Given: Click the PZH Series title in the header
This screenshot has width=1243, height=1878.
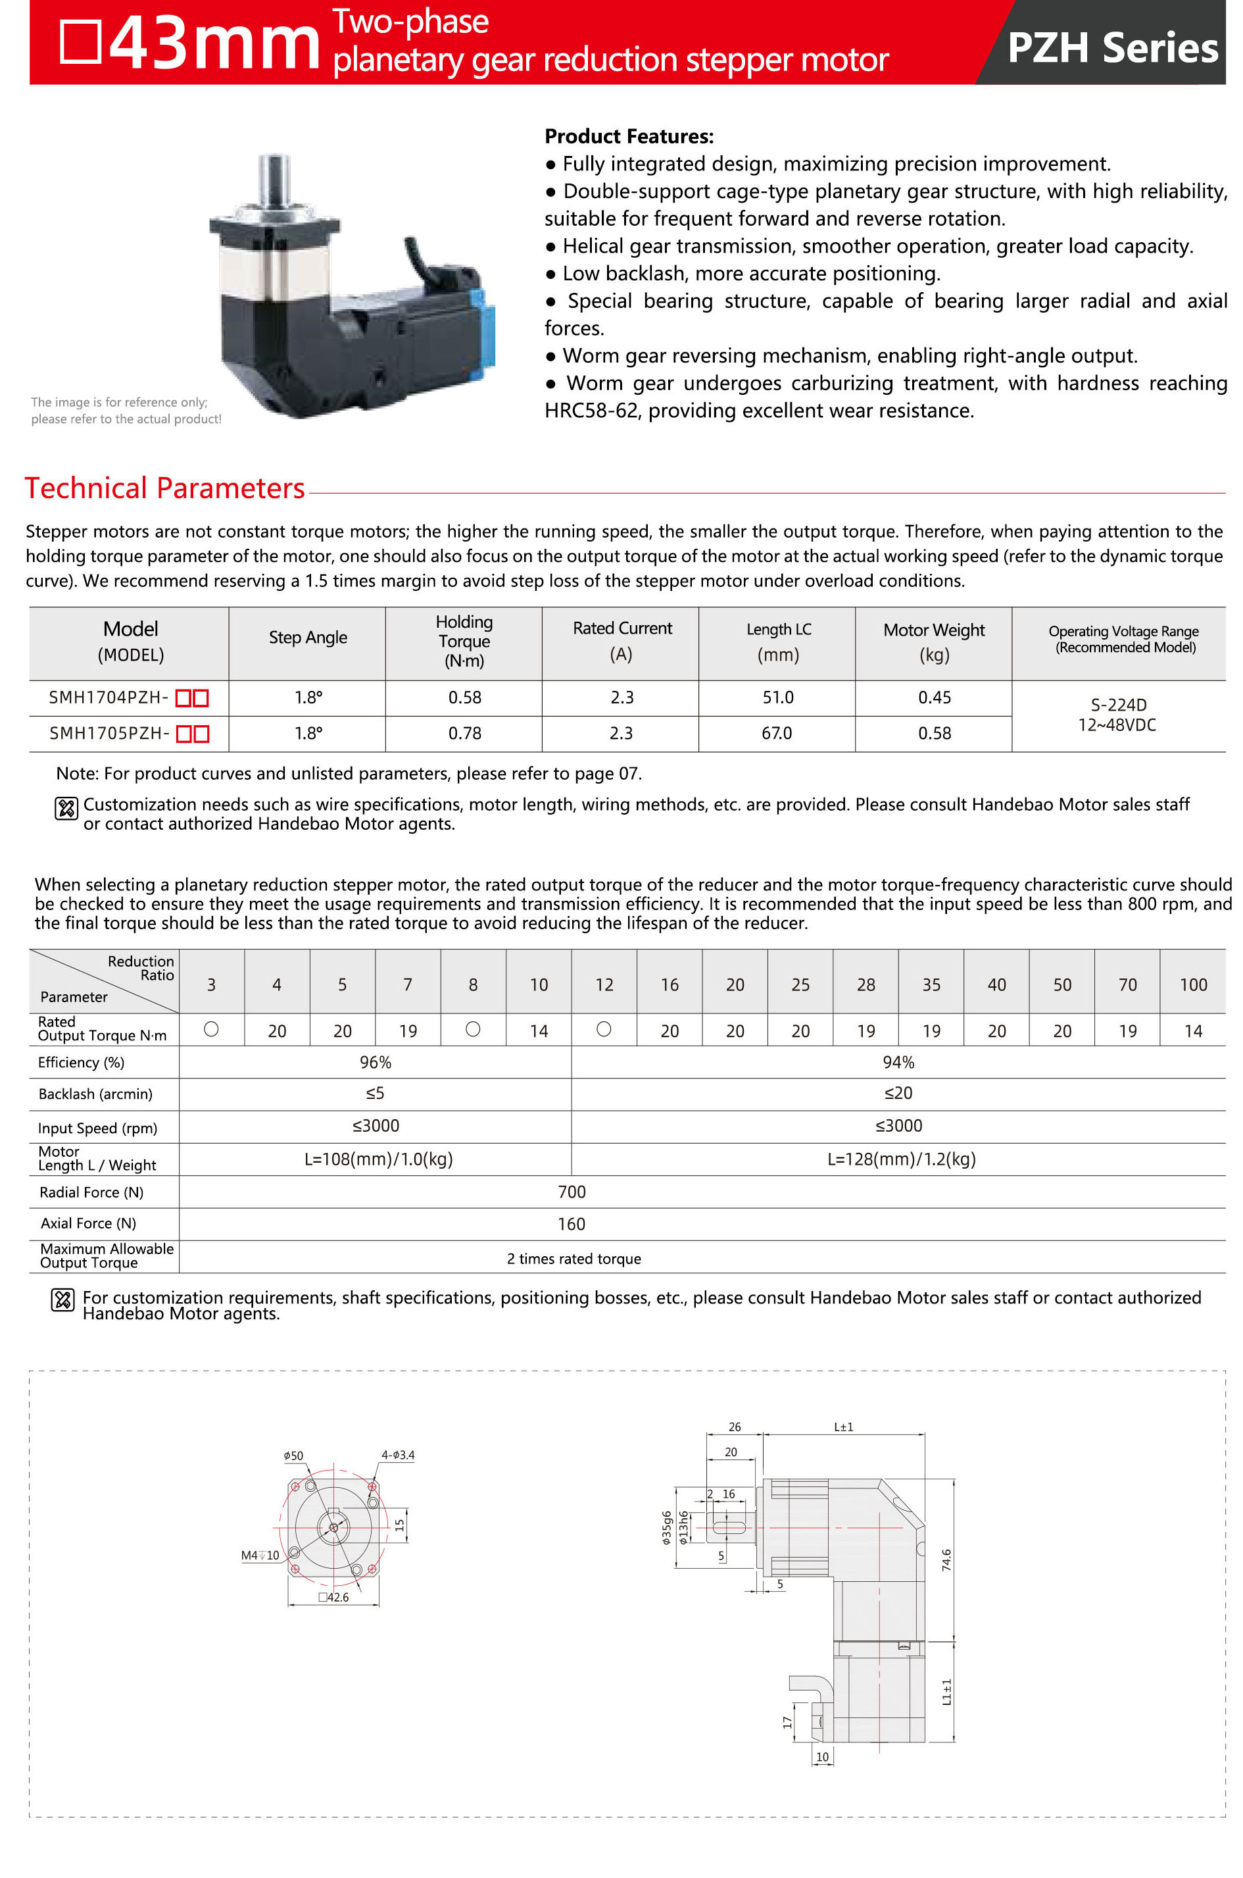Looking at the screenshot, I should point(1111,47).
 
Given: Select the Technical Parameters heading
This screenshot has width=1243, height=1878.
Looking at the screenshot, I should point(164,488).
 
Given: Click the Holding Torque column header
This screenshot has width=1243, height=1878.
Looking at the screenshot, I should point(464,641).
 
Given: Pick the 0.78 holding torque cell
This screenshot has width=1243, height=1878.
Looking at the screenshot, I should point(464,733).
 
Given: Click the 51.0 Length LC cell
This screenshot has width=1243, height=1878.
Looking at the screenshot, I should point(777,697).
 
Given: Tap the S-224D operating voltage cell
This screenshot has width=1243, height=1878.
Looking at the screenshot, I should point(1118,705).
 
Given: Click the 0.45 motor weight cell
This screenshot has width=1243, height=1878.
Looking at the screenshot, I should point(934,697).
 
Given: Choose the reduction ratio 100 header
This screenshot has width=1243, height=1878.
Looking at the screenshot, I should point(1192,984).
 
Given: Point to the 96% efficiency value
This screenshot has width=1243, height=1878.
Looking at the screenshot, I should point(375,1062).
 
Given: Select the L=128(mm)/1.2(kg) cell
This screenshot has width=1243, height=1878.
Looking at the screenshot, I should point(900,1159).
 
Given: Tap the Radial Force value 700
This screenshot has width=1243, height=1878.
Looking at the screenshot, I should point(571,1191).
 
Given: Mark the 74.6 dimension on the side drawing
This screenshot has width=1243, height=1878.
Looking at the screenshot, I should point(946,1559).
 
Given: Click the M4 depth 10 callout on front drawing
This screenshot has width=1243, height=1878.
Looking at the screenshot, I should point(260,1555).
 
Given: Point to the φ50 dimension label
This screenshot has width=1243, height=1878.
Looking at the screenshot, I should point(293,1456).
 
